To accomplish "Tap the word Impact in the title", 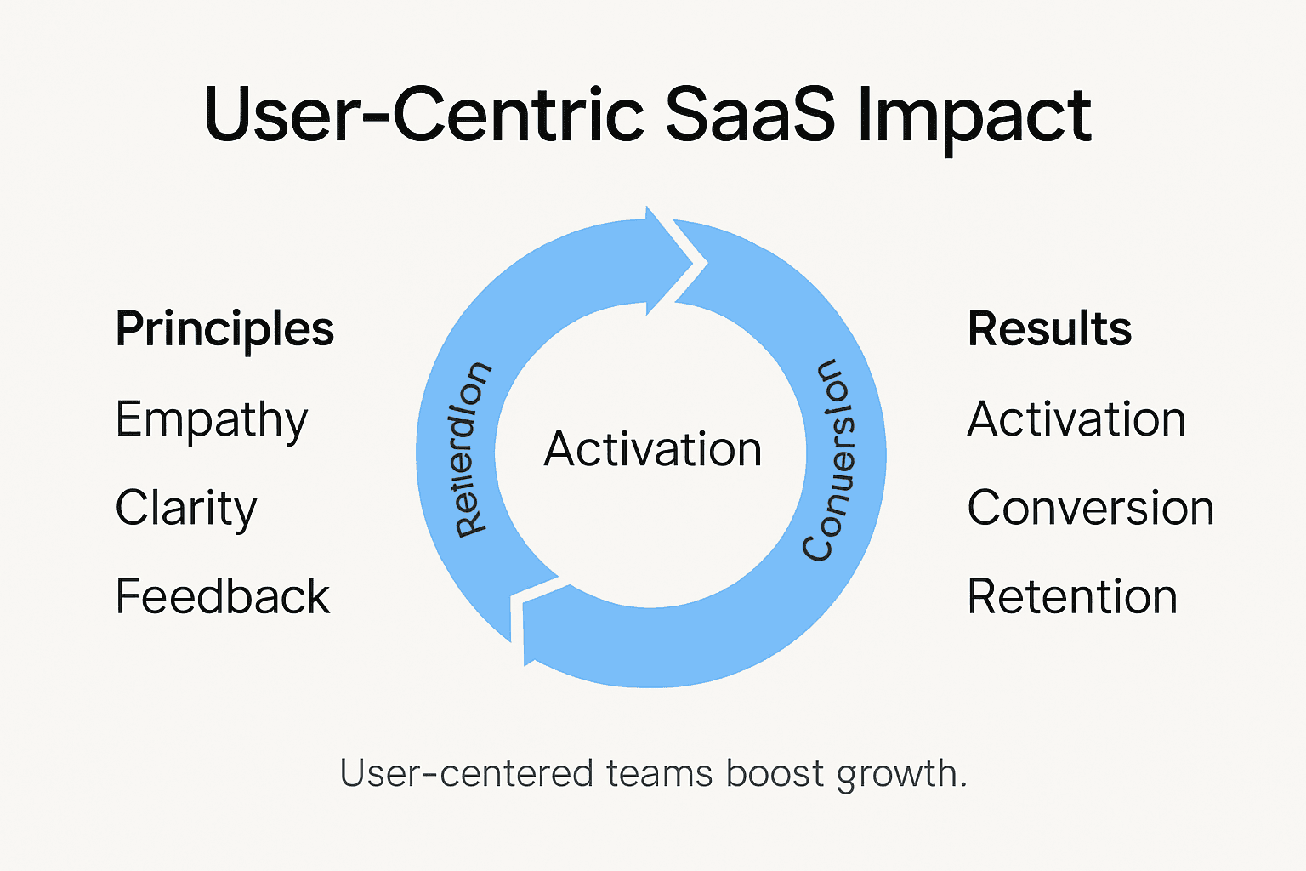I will tap(974, 117).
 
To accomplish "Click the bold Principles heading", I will tap(224, 330).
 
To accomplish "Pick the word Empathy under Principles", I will tap(211, 420).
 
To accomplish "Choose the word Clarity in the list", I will tap(185, 509).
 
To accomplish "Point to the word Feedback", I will tap(222, 596).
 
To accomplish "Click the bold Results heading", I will tap(1049, 329).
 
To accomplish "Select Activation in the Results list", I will tap(1076, 419).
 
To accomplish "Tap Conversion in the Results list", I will tap(1090, 508).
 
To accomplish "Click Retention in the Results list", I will tap(1071, 596).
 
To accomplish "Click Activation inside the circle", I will tap(652, 449).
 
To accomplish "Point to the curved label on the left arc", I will tap(472, 449).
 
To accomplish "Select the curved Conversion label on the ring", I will tap(831, 459).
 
